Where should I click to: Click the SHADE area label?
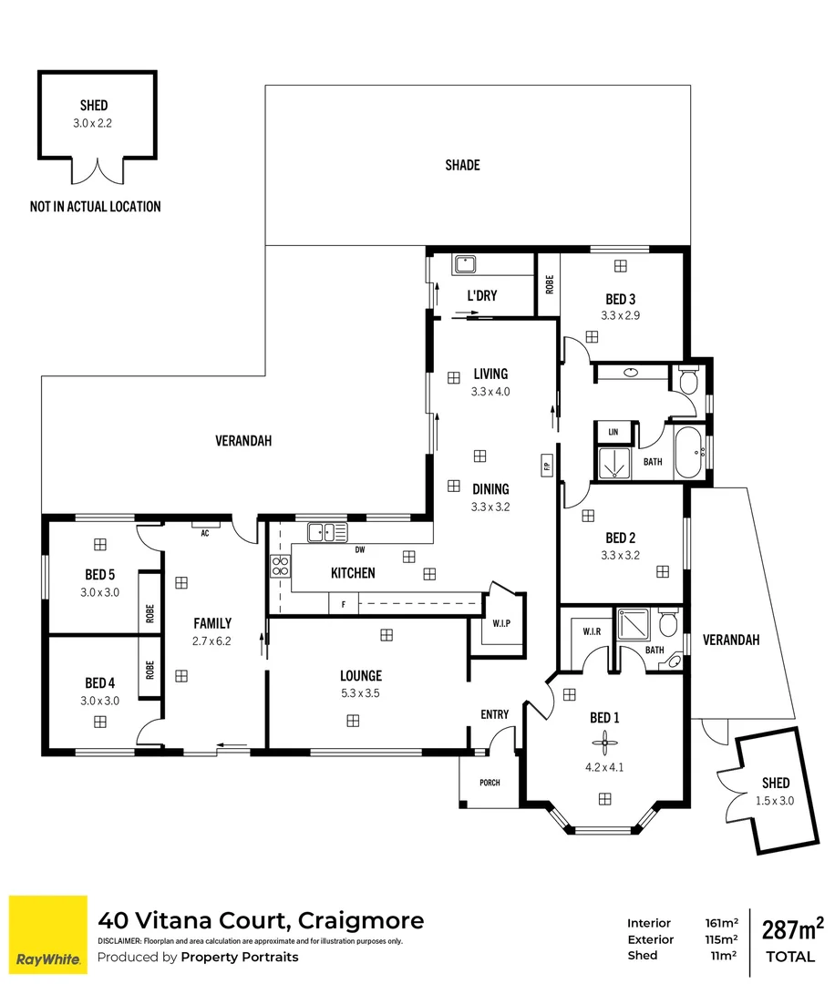coord(462,165)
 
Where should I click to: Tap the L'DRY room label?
coord(480,296)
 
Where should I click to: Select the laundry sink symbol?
coord(466,263)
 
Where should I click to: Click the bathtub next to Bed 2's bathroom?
coord(689,452)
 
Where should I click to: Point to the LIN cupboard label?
coord(613,431)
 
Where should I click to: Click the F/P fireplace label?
coord(547,466)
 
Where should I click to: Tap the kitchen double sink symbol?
coord(320,531)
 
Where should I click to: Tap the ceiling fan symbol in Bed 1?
coord(602,741)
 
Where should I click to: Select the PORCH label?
coord(489,783)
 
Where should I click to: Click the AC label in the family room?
coord(205,534)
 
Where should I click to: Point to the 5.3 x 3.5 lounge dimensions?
coord(360,692)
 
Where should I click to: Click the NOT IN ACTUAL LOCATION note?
coord(95,207)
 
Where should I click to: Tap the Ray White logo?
coord(48,930)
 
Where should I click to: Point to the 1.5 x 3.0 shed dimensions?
coord(775,800)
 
